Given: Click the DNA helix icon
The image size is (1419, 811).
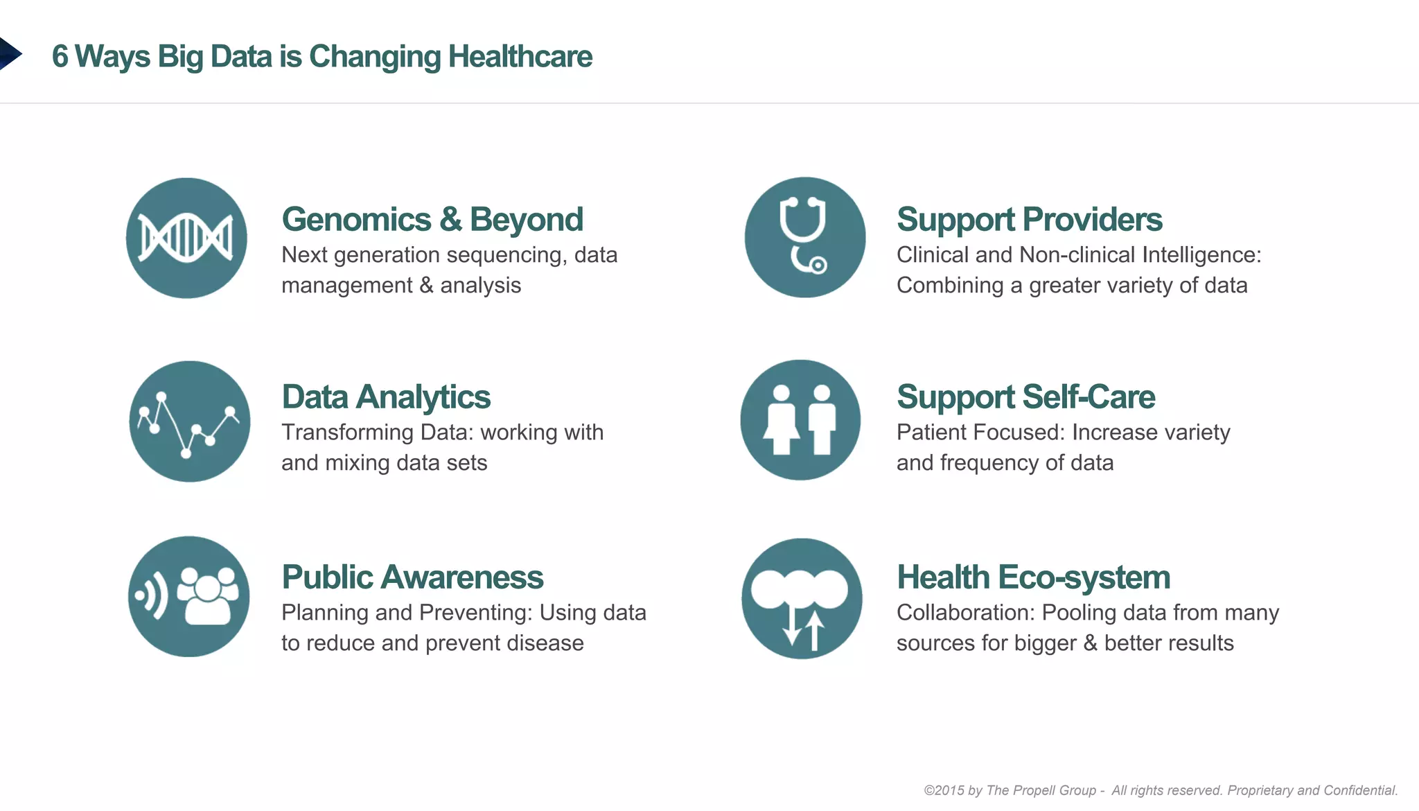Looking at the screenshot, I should click(x=186, y=238).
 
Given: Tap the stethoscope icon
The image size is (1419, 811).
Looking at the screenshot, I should click(x=804, y=238).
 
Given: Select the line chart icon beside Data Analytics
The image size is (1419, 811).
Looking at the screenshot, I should click(x=189, y=421).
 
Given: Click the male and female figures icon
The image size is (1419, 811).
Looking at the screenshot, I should click(x=800, y=420).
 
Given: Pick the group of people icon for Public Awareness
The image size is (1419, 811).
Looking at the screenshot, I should click(x=188, y=597).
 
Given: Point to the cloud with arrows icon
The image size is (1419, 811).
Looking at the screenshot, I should click(x=802, y=599).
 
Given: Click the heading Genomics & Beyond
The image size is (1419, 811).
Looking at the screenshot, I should click(x=432, y=220).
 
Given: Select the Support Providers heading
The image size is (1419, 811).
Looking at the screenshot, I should click(x=1029, y=220).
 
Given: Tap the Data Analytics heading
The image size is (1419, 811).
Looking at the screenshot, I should click(x=386, y=397).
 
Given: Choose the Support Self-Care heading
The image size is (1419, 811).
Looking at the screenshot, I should click(x=1025, y=397).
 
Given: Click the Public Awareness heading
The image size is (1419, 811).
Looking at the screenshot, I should click(x=412, y=577).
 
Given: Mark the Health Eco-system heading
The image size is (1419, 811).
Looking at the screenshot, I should click(x=1033, y=577).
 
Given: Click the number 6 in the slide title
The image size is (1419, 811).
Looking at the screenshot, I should click(x=60, y=57).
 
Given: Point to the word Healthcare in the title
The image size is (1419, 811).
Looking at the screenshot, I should click(x=520, y=57).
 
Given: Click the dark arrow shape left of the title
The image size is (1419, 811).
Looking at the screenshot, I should click(x=9, y=54).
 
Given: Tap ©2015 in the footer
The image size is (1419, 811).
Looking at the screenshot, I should click(x=944, y=790).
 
